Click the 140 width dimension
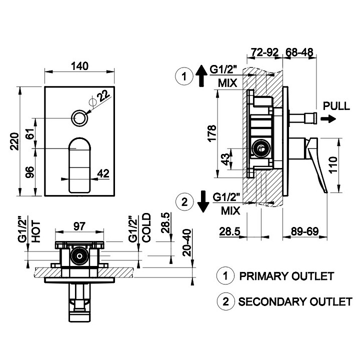[x=80, y=65]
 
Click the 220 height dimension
[x=15, y=141]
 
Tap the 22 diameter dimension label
[x=102, y=95]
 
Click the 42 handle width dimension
[x=103, y=173]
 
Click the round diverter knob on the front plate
[x=79, y=118]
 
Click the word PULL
[x=336, y=105]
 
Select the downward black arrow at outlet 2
[x=202, y=201]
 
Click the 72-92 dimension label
[x=264, y=52]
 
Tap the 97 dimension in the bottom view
[x=78, y=226]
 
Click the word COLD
[x=146, y=228]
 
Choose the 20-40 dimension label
[x=186, y=243]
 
